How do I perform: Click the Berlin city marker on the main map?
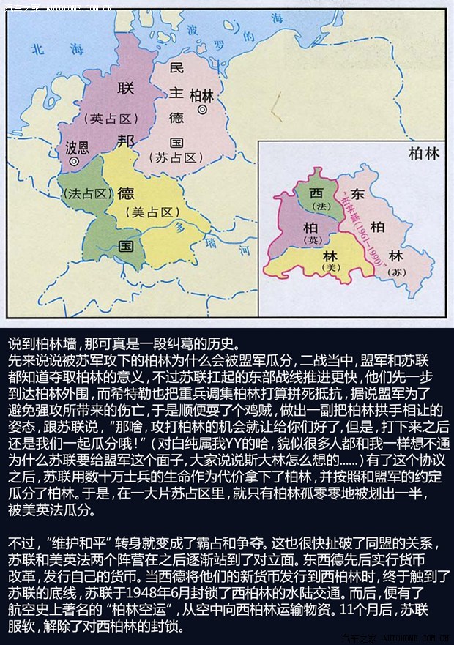202,110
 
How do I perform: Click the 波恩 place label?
77,146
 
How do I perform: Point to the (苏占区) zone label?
174,157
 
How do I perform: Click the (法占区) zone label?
86,194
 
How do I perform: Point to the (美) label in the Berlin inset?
332,269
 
